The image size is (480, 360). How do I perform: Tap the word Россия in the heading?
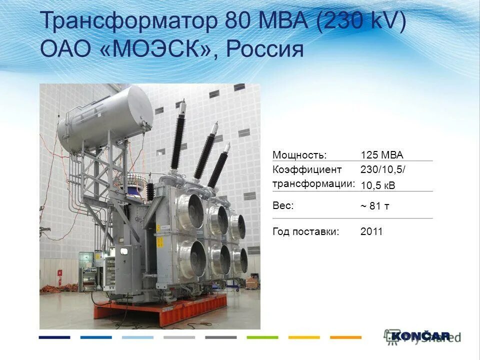pos(265,49)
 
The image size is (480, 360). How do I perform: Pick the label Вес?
pos(283,205)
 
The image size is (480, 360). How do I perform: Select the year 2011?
pos(371,231)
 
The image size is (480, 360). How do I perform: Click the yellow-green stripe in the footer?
pos(262,337)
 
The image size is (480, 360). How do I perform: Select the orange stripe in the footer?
pos(345,337)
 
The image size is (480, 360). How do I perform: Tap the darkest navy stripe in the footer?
pos(54,337)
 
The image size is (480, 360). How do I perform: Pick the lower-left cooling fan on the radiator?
pos(192,257)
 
